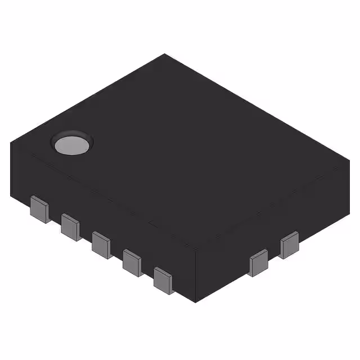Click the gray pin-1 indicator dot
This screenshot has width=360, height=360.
click(72, 145)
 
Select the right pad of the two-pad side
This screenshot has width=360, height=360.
click(289, 246)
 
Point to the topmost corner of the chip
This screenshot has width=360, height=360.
click(165, 54)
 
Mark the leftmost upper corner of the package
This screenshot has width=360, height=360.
click(10, 143)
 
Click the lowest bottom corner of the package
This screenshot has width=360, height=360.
click(195, 303)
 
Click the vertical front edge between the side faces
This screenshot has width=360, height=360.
click(195, 276)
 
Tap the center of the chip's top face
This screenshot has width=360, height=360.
click(180, 152)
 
